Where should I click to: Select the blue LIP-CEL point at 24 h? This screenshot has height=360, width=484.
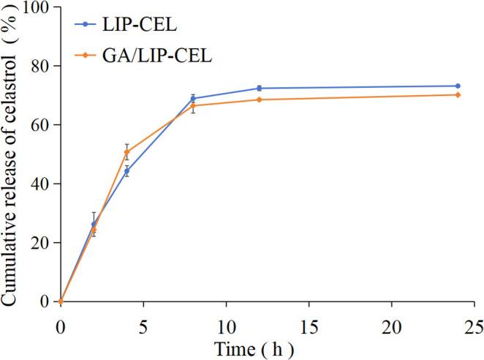pyautogui.click(x=458, y=86)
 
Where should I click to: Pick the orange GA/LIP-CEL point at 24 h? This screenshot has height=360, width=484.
pyautogui.click(x=458, y=95)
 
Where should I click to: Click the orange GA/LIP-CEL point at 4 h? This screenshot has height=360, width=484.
pyautogui.click(x=126, y=152)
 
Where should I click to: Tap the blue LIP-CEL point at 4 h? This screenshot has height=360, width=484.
pyautogui.click(x=126, y=171)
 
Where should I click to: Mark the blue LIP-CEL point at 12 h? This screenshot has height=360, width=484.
pyautogui.click(x=259, y=89)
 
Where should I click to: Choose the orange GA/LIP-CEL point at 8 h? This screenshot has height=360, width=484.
pyautogui.click(x=193, y=106)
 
